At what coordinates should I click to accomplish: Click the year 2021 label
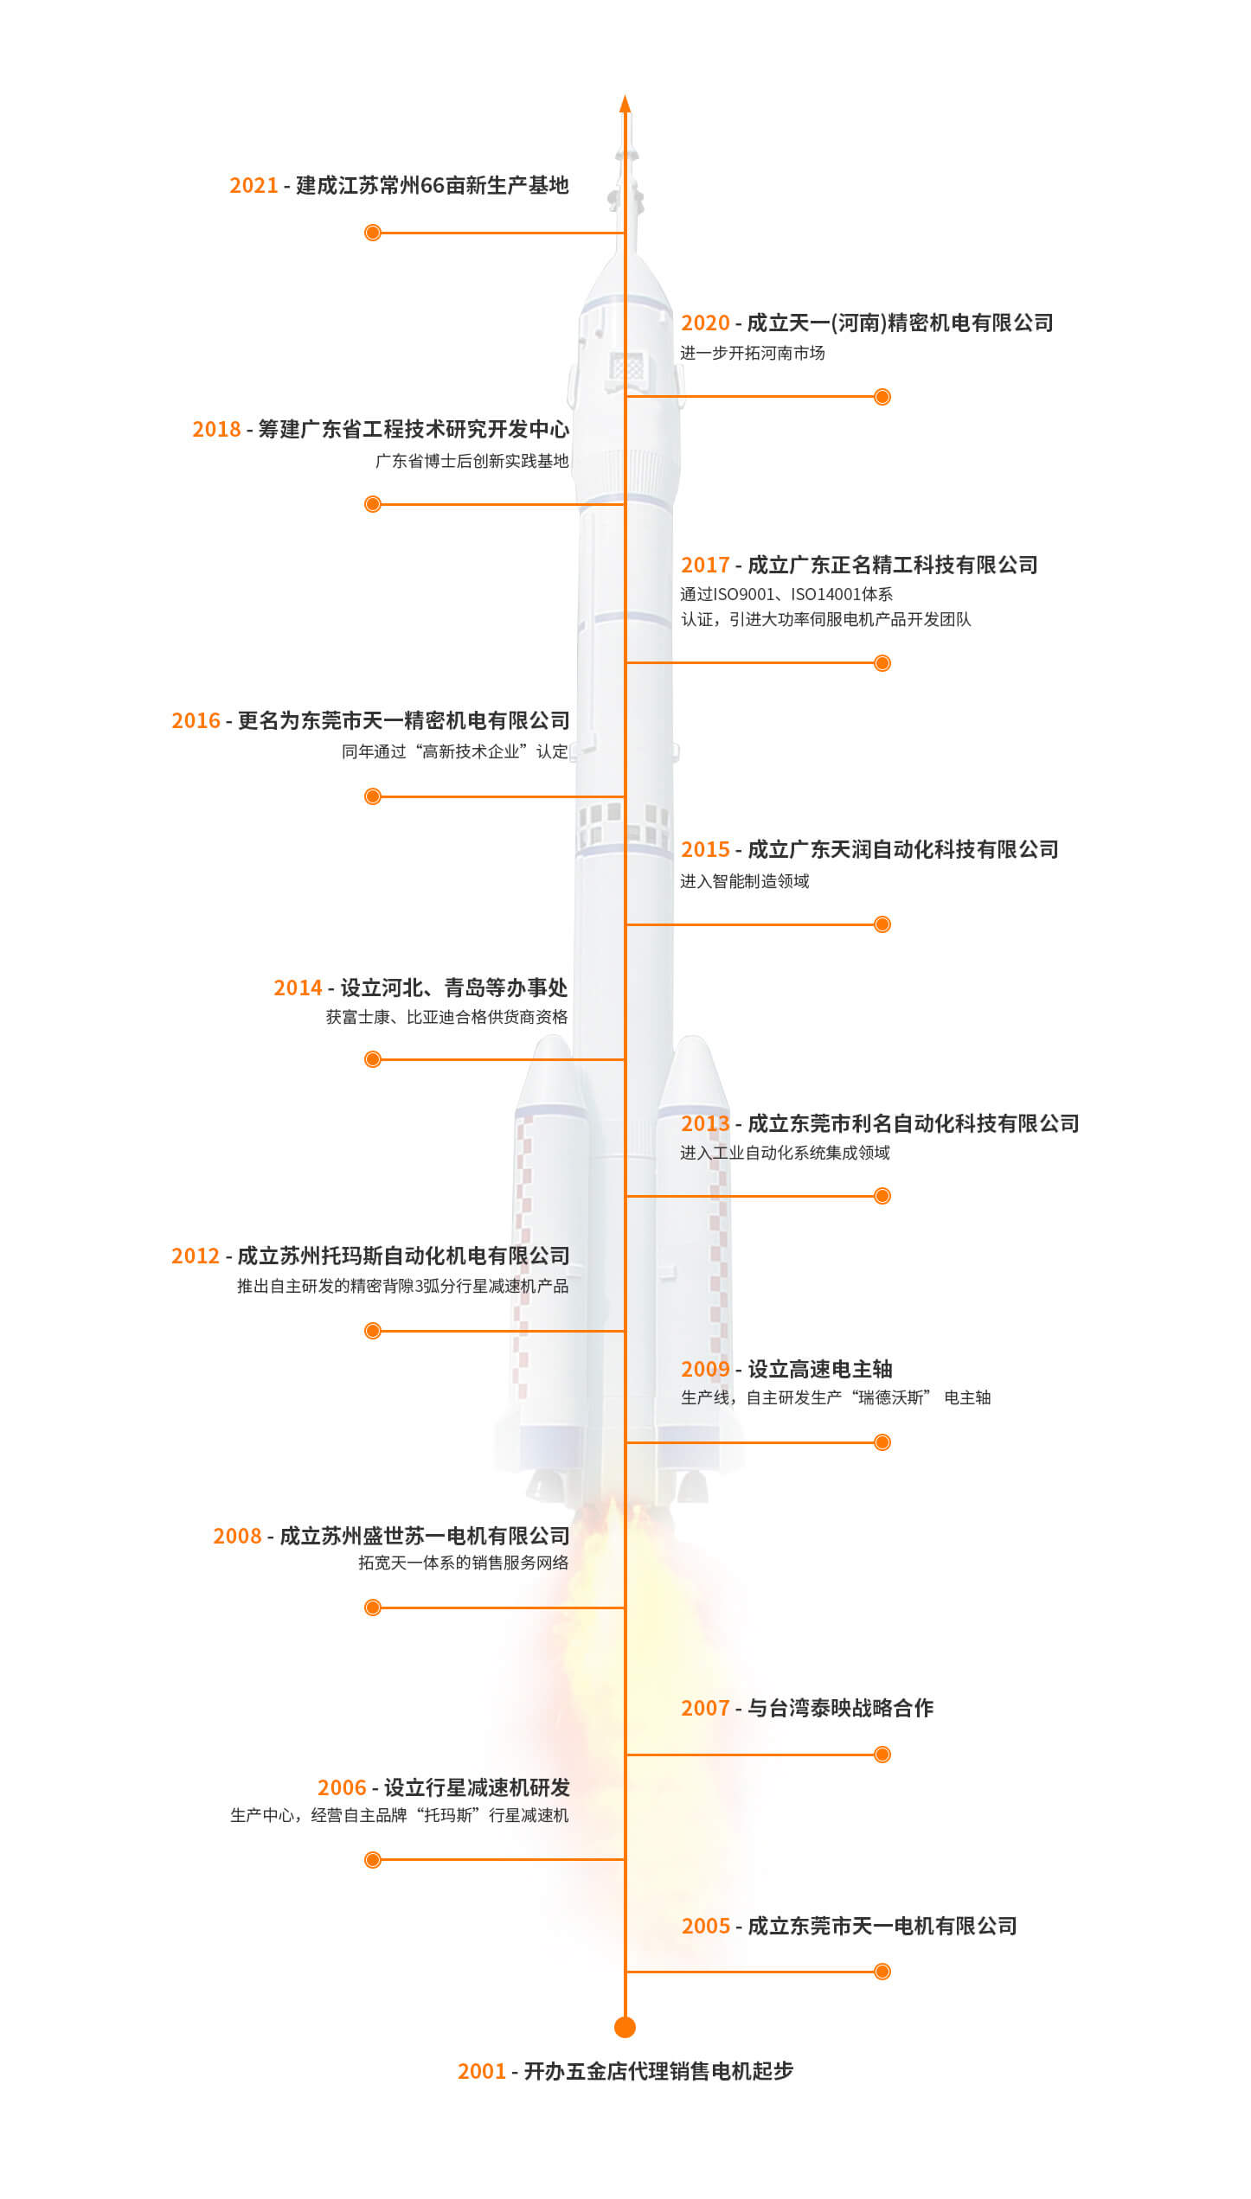point(253,186)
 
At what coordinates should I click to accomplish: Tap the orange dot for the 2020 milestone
point(882,397)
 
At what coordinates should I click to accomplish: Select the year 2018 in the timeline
point(216,430)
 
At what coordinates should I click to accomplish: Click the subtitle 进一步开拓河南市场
point(753,353)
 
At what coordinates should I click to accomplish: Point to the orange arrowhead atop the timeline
point(625,104)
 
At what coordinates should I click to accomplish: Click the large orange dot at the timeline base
point(625,2027)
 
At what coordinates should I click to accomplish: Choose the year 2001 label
point(482,2071)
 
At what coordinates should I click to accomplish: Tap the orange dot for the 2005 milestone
point(882,1972)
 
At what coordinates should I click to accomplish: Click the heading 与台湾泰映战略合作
point(841,1708)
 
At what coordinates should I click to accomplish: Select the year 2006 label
point(342,1787)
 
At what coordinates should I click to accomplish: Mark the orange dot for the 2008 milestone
point(373,1608)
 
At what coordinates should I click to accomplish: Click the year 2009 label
point(705,1370)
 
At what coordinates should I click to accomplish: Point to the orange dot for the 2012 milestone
point(373,1331)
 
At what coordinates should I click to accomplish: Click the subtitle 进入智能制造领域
point(745,881)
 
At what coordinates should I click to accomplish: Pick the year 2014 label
point(298,988)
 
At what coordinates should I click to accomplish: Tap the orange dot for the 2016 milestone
point(373,796)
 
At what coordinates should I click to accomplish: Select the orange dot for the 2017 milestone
point(882,663)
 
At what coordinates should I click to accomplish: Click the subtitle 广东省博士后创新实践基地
point(472,461)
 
